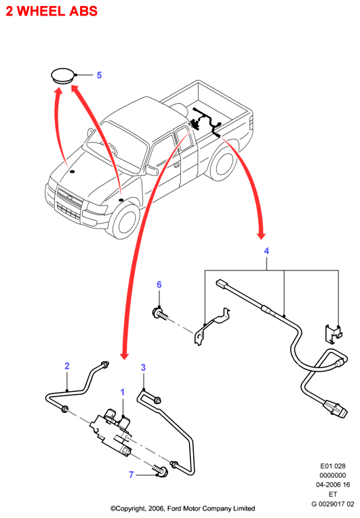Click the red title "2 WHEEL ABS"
pyautogui.click(x=52, y=12)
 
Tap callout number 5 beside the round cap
pyautogui.click(x=99, y=75)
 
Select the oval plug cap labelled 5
pyautogui.click(x=63, y=76)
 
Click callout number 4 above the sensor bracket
pyautogui.click(x=266, y=251)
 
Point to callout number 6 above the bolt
pyautogui.click(x=159, y=285)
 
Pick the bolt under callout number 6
pyautogui.click(x=160, y=313)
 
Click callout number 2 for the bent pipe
pyautogui.click(x=67, y=366)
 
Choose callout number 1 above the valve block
pyautogui.click(x=123, y=392)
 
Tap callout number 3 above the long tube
pyautogui.click(x=143, y=367)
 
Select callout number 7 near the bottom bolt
pyautogui.click(x=131, y=475)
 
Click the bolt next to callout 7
pyautogui.click(x=161, y=471)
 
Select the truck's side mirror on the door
pyautogui.click(x=152, y=170)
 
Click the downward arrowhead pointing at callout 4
pyautogui.click(x=261, y=235)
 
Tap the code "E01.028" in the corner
pyautogui.click(x=333, y=466)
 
